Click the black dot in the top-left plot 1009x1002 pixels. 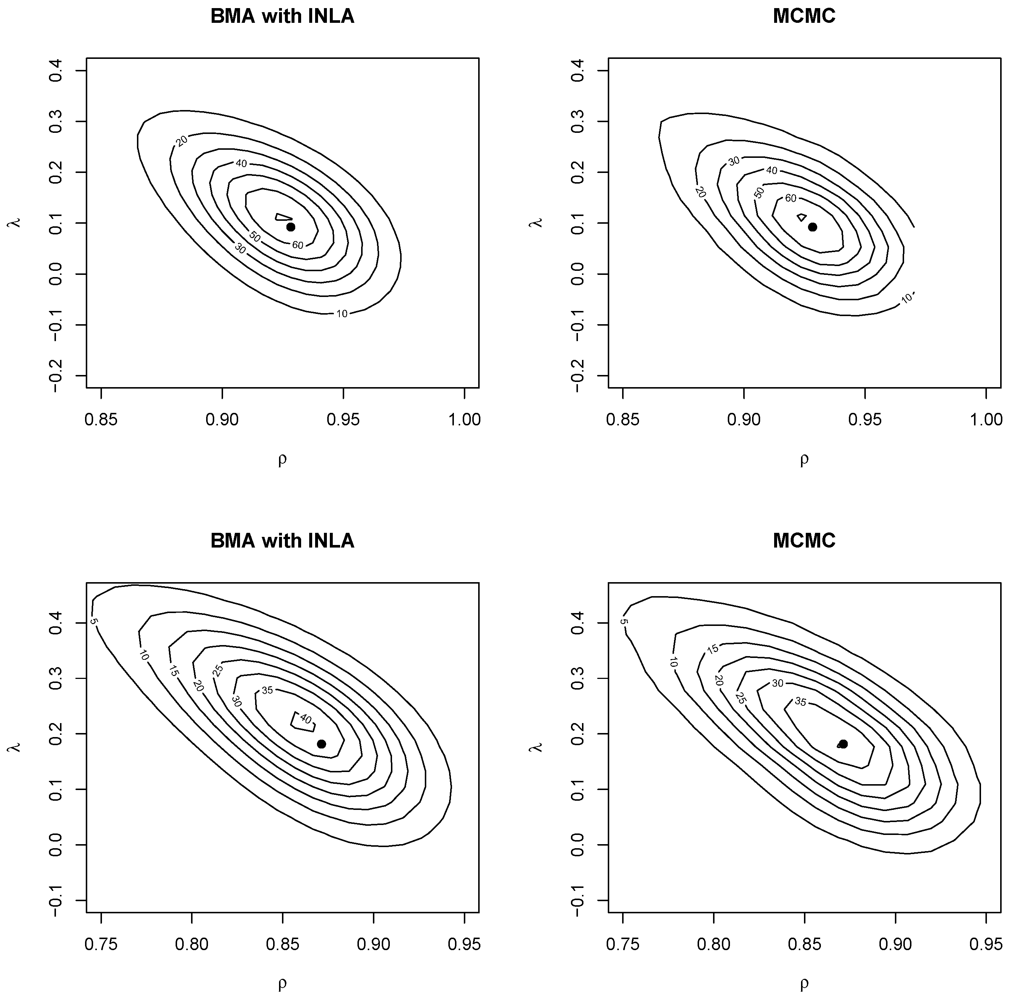(291, 227)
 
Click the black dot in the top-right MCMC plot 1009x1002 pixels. (813, 227)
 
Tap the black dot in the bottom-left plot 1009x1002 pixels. (322, 744)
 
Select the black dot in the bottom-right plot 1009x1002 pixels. (843, 744)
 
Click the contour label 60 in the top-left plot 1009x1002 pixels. (298, 245)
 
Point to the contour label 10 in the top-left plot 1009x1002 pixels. (342, 314)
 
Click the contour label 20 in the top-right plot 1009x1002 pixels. (701, 192)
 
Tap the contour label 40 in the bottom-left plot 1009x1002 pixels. (306, 719)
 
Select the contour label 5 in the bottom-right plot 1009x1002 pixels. (624, 622)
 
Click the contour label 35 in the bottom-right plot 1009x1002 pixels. (801, 702)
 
